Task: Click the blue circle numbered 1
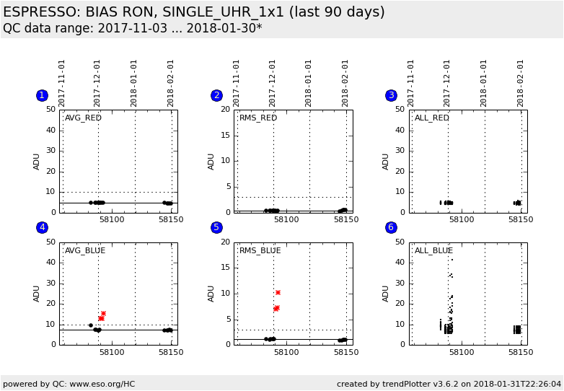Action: point(42,95)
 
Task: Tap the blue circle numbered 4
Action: point(42,227)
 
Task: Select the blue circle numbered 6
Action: point(391,227)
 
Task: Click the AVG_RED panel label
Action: point(83,118)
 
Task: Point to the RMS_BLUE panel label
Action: point(260,250)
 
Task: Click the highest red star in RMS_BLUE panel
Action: point(278,292)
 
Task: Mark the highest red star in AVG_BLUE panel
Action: point(103,313)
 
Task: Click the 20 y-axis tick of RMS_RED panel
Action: point(225,110)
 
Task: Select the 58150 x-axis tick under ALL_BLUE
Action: point(520,352)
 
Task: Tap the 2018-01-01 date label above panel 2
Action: point(309,83)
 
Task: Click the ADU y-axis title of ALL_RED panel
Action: point(386,161)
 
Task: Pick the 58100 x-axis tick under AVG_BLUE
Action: point(112,352)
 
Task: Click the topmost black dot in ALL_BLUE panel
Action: point(451,260)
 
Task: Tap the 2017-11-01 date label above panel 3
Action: point(411,83)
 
